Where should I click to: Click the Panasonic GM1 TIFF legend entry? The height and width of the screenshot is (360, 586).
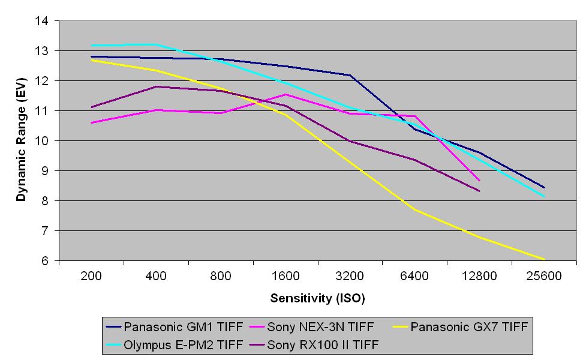183,327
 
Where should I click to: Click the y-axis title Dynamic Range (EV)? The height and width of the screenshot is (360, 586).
21,140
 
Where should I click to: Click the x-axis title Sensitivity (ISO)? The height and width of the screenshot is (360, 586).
317,298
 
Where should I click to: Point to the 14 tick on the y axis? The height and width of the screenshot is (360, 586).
41,21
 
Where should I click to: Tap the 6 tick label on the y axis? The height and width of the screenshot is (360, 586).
44,261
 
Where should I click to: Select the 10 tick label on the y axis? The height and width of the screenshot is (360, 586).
41,141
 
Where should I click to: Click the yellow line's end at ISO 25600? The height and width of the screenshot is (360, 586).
544,259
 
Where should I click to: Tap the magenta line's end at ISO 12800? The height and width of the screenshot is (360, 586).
479,180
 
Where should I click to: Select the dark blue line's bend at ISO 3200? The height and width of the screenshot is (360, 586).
350,75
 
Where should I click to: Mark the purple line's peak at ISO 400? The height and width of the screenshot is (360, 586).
156,86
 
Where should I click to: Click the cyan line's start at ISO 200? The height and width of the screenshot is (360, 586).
91,45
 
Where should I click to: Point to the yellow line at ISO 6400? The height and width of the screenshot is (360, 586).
414,209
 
